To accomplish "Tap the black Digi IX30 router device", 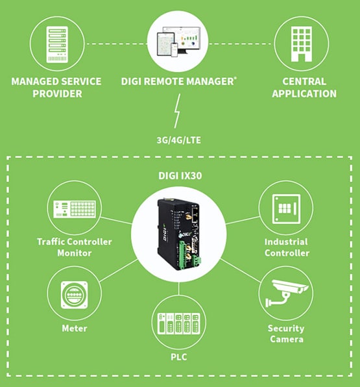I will click(x=176, y=236).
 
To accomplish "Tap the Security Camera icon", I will click(x=285, y=294).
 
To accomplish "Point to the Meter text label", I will click(x=74, y=329).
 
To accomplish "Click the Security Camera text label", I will click(x=285, y=334).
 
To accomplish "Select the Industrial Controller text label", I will click(x=286, y=247).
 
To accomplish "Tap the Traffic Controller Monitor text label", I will click(x=74, y=247).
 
